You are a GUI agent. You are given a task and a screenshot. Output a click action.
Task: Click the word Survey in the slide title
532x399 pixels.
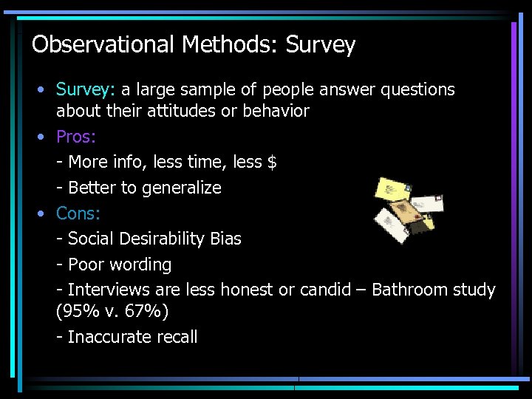(321, 46)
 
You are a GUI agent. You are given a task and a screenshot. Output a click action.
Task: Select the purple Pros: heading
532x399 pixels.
(77, 137)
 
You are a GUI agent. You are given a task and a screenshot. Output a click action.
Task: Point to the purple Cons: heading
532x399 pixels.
(78, 214)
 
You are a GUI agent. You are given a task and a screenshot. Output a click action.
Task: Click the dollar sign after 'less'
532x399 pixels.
(272, 162)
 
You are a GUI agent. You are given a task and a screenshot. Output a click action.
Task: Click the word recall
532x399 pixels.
(177, 338)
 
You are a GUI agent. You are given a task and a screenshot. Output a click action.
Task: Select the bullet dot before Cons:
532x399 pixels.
(43, 214)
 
